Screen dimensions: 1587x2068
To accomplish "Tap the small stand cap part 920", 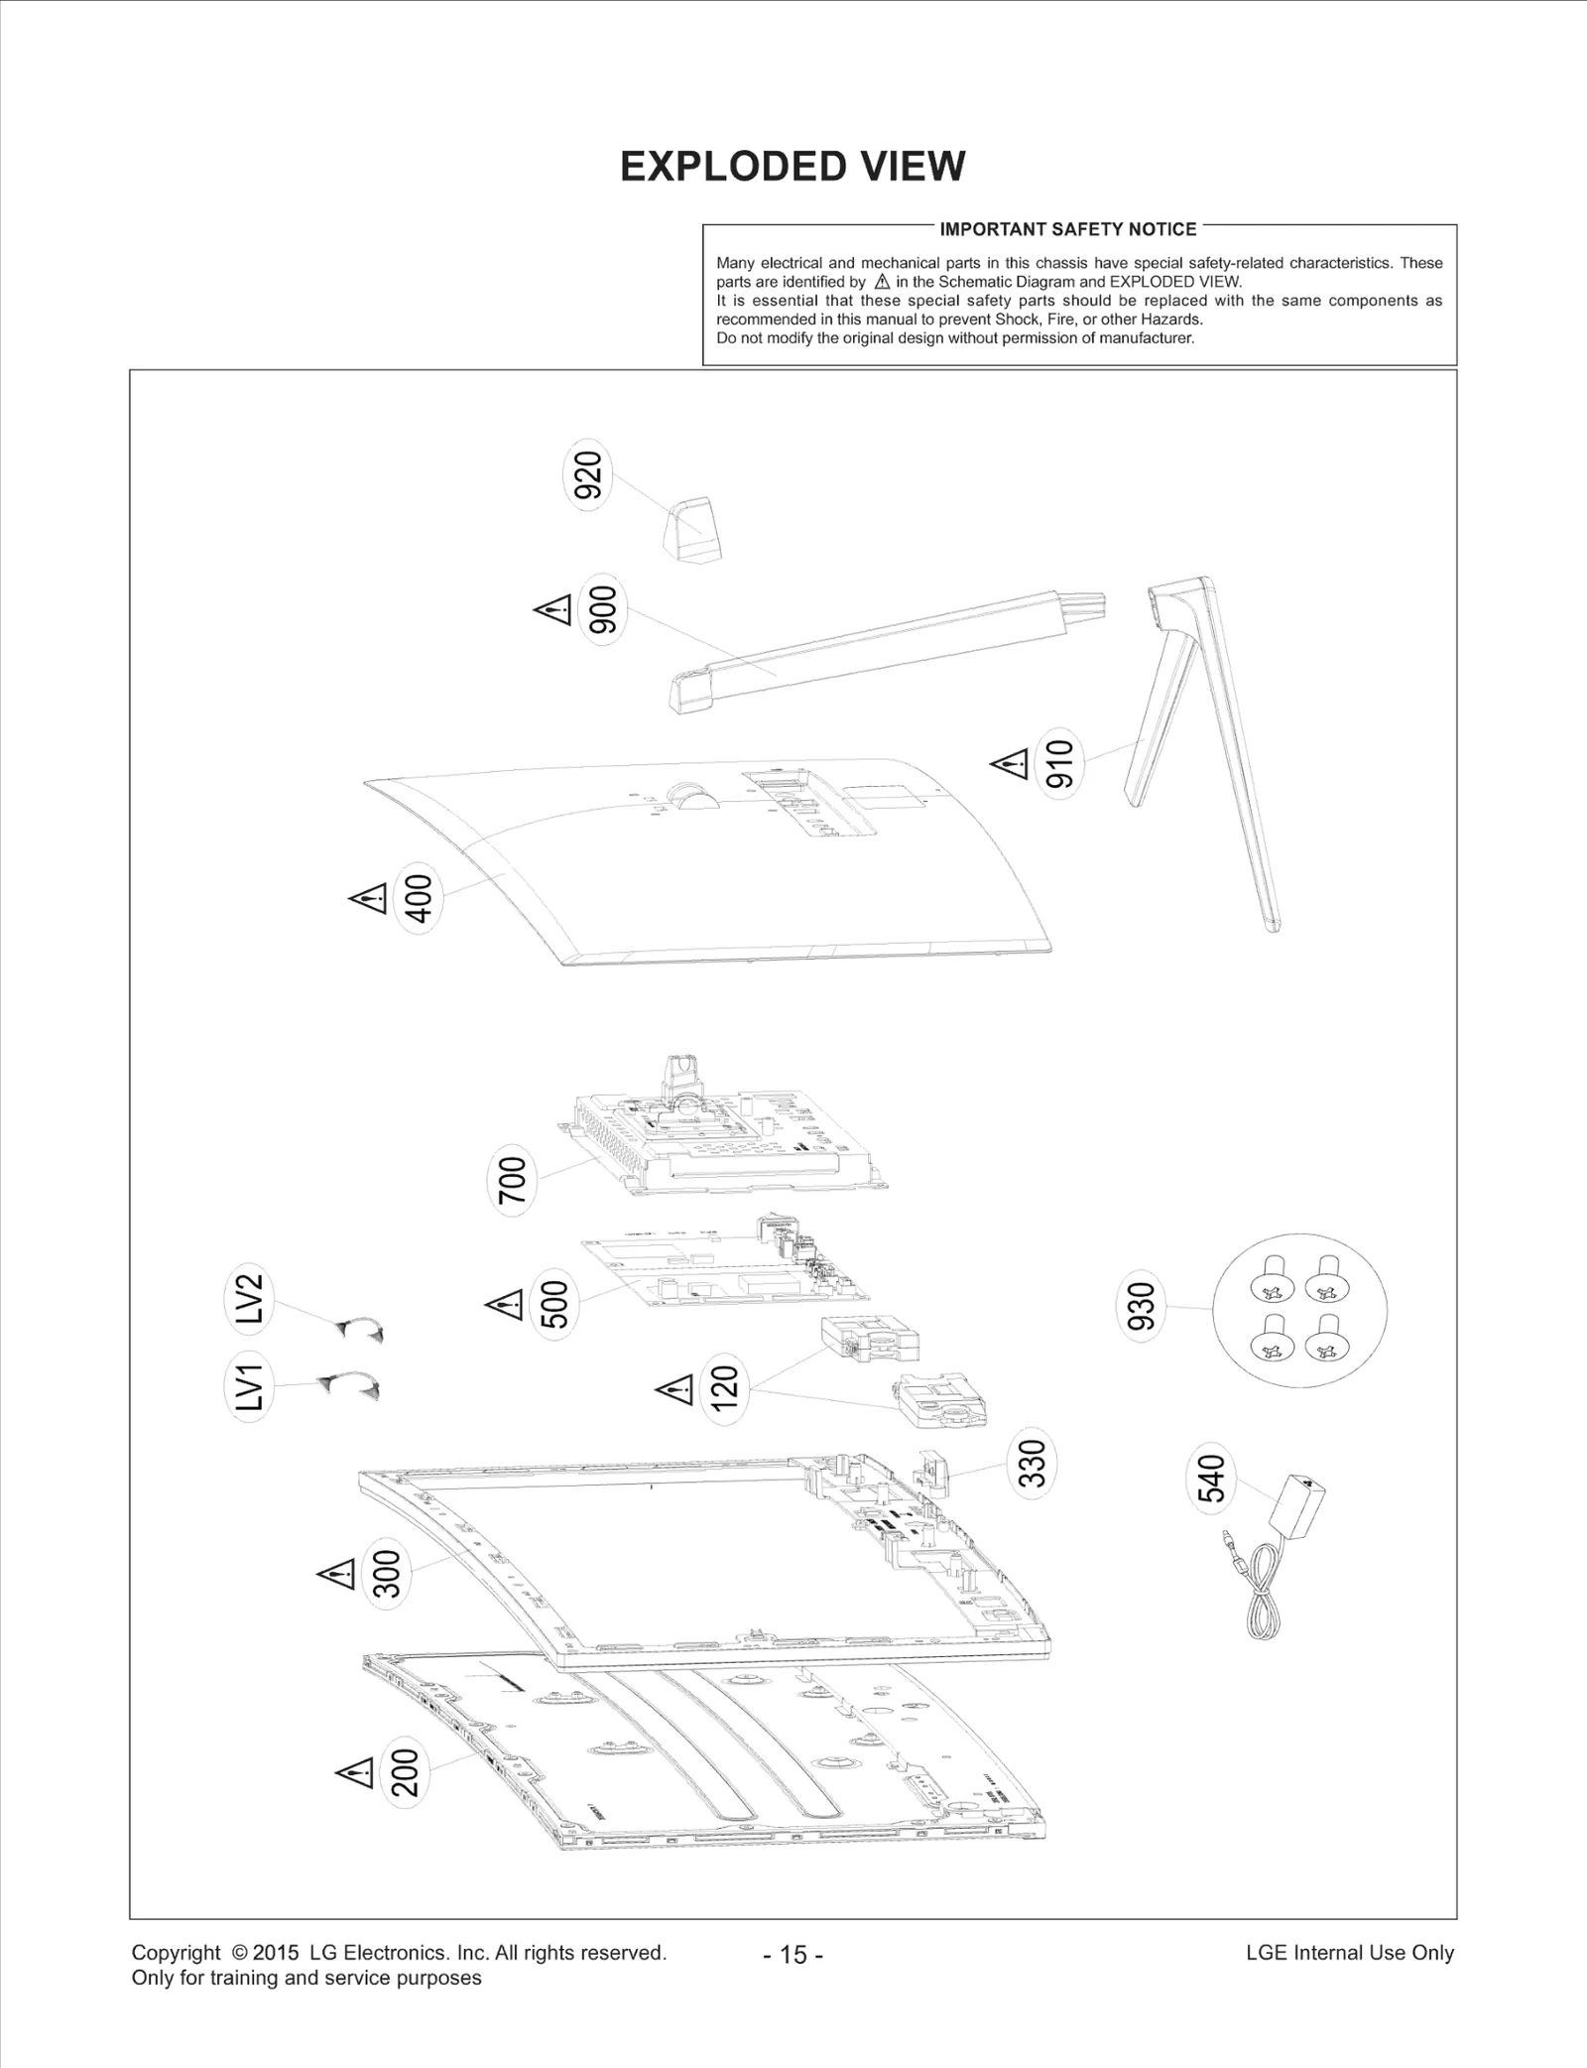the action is click(691, 531).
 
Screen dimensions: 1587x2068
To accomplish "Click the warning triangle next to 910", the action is click(1011, 764).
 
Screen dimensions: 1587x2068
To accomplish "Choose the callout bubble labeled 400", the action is click(419, 898).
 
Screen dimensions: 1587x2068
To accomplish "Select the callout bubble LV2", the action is click(248, 1297).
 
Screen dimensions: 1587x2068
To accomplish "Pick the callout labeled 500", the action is click(553, 1304).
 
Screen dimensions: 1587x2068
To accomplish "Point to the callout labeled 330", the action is click(1032, 1464).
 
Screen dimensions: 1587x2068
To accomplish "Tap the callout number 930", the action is click(1142, 1307).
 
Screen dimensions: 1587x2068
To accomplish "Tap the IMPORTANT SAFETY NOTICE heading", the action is click(1067, 229).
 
